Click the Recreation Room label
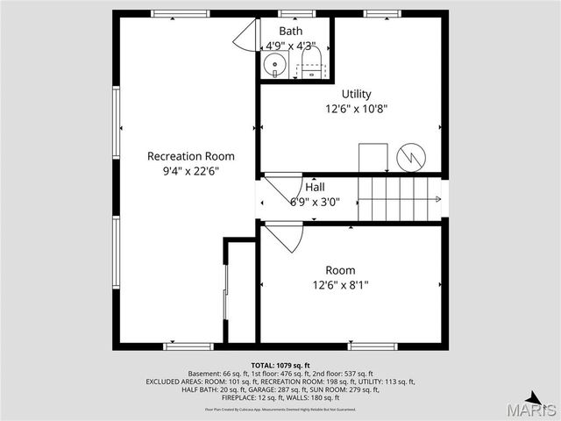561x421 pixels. pos(190,156)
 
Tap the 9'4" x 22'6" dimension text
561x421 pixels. pos(190,172)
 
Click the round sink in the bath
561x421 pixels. pos(273,63)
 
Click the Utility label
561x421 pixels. pos(356,94)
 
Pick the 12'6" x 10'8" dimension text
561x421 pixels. pos(356,110)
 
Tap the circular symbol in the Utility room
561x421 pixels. pos(410,158)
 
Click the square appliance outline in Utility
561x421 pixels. pos(373,158)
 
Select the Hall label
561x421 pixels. pos(315,187)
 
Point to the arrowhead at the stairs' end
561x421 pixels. pos(437,199)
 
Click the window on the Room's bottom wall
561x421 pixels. pos(372,346)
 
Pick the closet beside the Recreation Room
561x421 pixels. pos(240,294)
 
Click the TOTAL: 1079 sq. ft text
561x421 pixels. pos(280,365)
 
